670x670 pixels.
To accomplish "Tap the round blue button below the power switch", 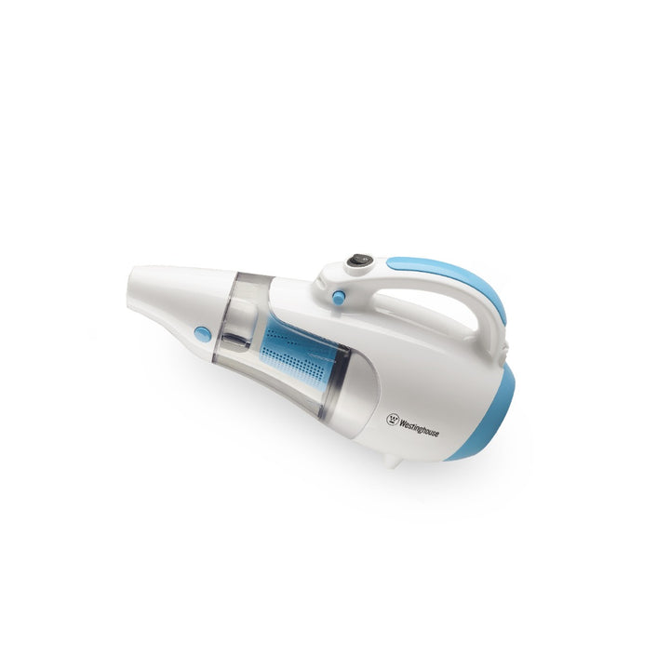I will (x=339, y=297).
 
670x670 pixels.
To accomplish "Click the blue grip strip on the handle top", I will (x=456, y=274).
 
